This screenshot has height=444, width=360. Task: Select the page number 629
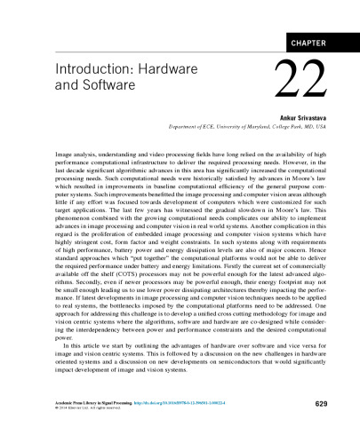click(323, 404)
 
